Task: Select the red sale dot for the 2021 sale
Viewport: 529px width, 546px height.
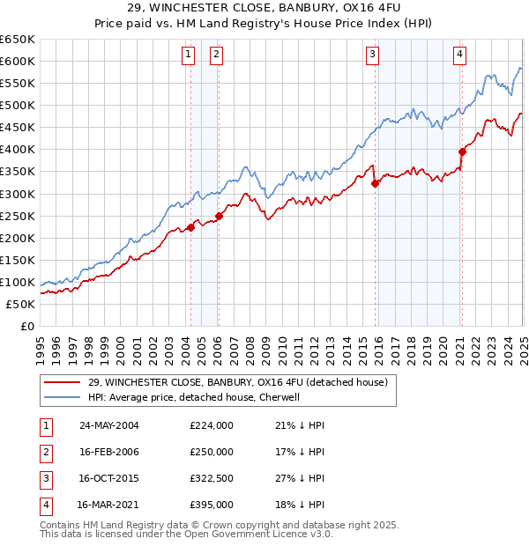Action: click(x=462, y=151)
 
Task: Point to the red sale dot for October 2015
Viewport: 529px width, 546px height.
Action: click(x=376, y=183)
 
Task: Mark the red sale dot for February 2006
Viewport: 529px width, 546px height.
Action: click(x=219, y=216)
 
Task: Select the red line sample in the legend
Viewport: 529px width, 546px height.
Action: click(x=62, y=381)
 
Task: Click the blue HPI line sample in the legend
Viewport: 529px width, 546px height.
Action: click(x=62, y=397)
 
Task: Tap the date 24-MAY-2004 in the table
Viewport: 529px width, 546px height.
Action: click(x=109, y=425)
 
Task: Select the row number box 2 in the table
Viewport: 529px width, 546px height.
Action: click(x=45, y=452)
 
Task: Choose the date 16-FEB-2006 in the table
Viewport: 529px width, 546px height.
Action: click(x=109, y=452)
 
